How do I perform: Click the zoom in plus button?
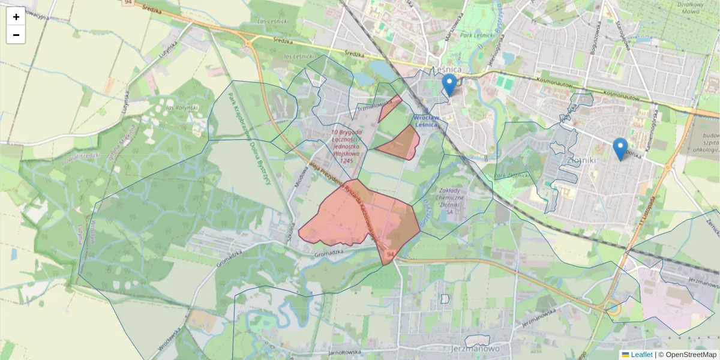[x=16, y=17]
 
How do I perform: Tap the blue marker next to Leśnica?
[x=449, y=85]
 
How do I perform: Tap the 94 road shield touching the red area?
[x=390, y=256]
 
